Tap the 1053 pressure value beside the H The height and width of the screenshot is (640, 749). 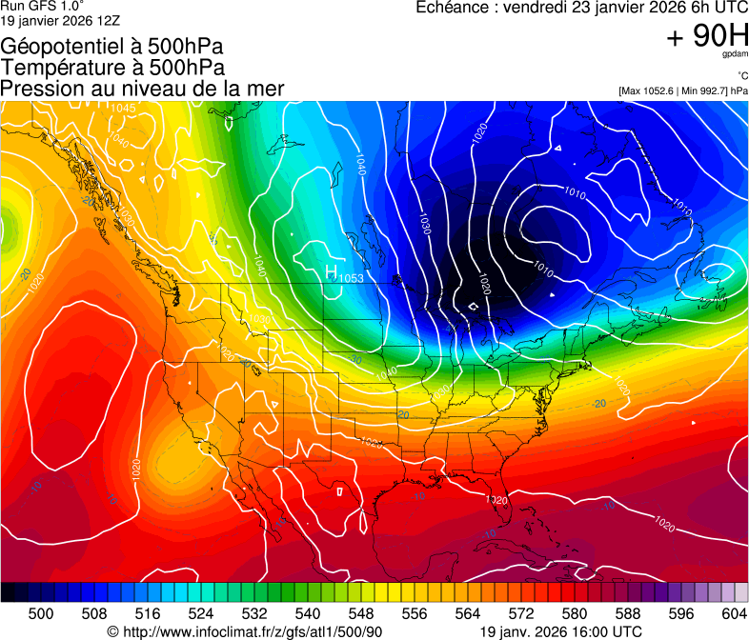point(352,278)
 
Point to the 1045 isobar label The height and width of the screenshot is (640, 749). point(123,108)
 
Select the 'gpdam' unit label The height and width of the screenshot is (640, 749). point(735,56)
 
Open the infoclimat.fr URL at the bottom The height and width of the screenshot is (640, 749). point(253,631)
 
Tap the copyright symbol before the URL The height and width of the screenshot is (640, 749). point(112,631)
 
